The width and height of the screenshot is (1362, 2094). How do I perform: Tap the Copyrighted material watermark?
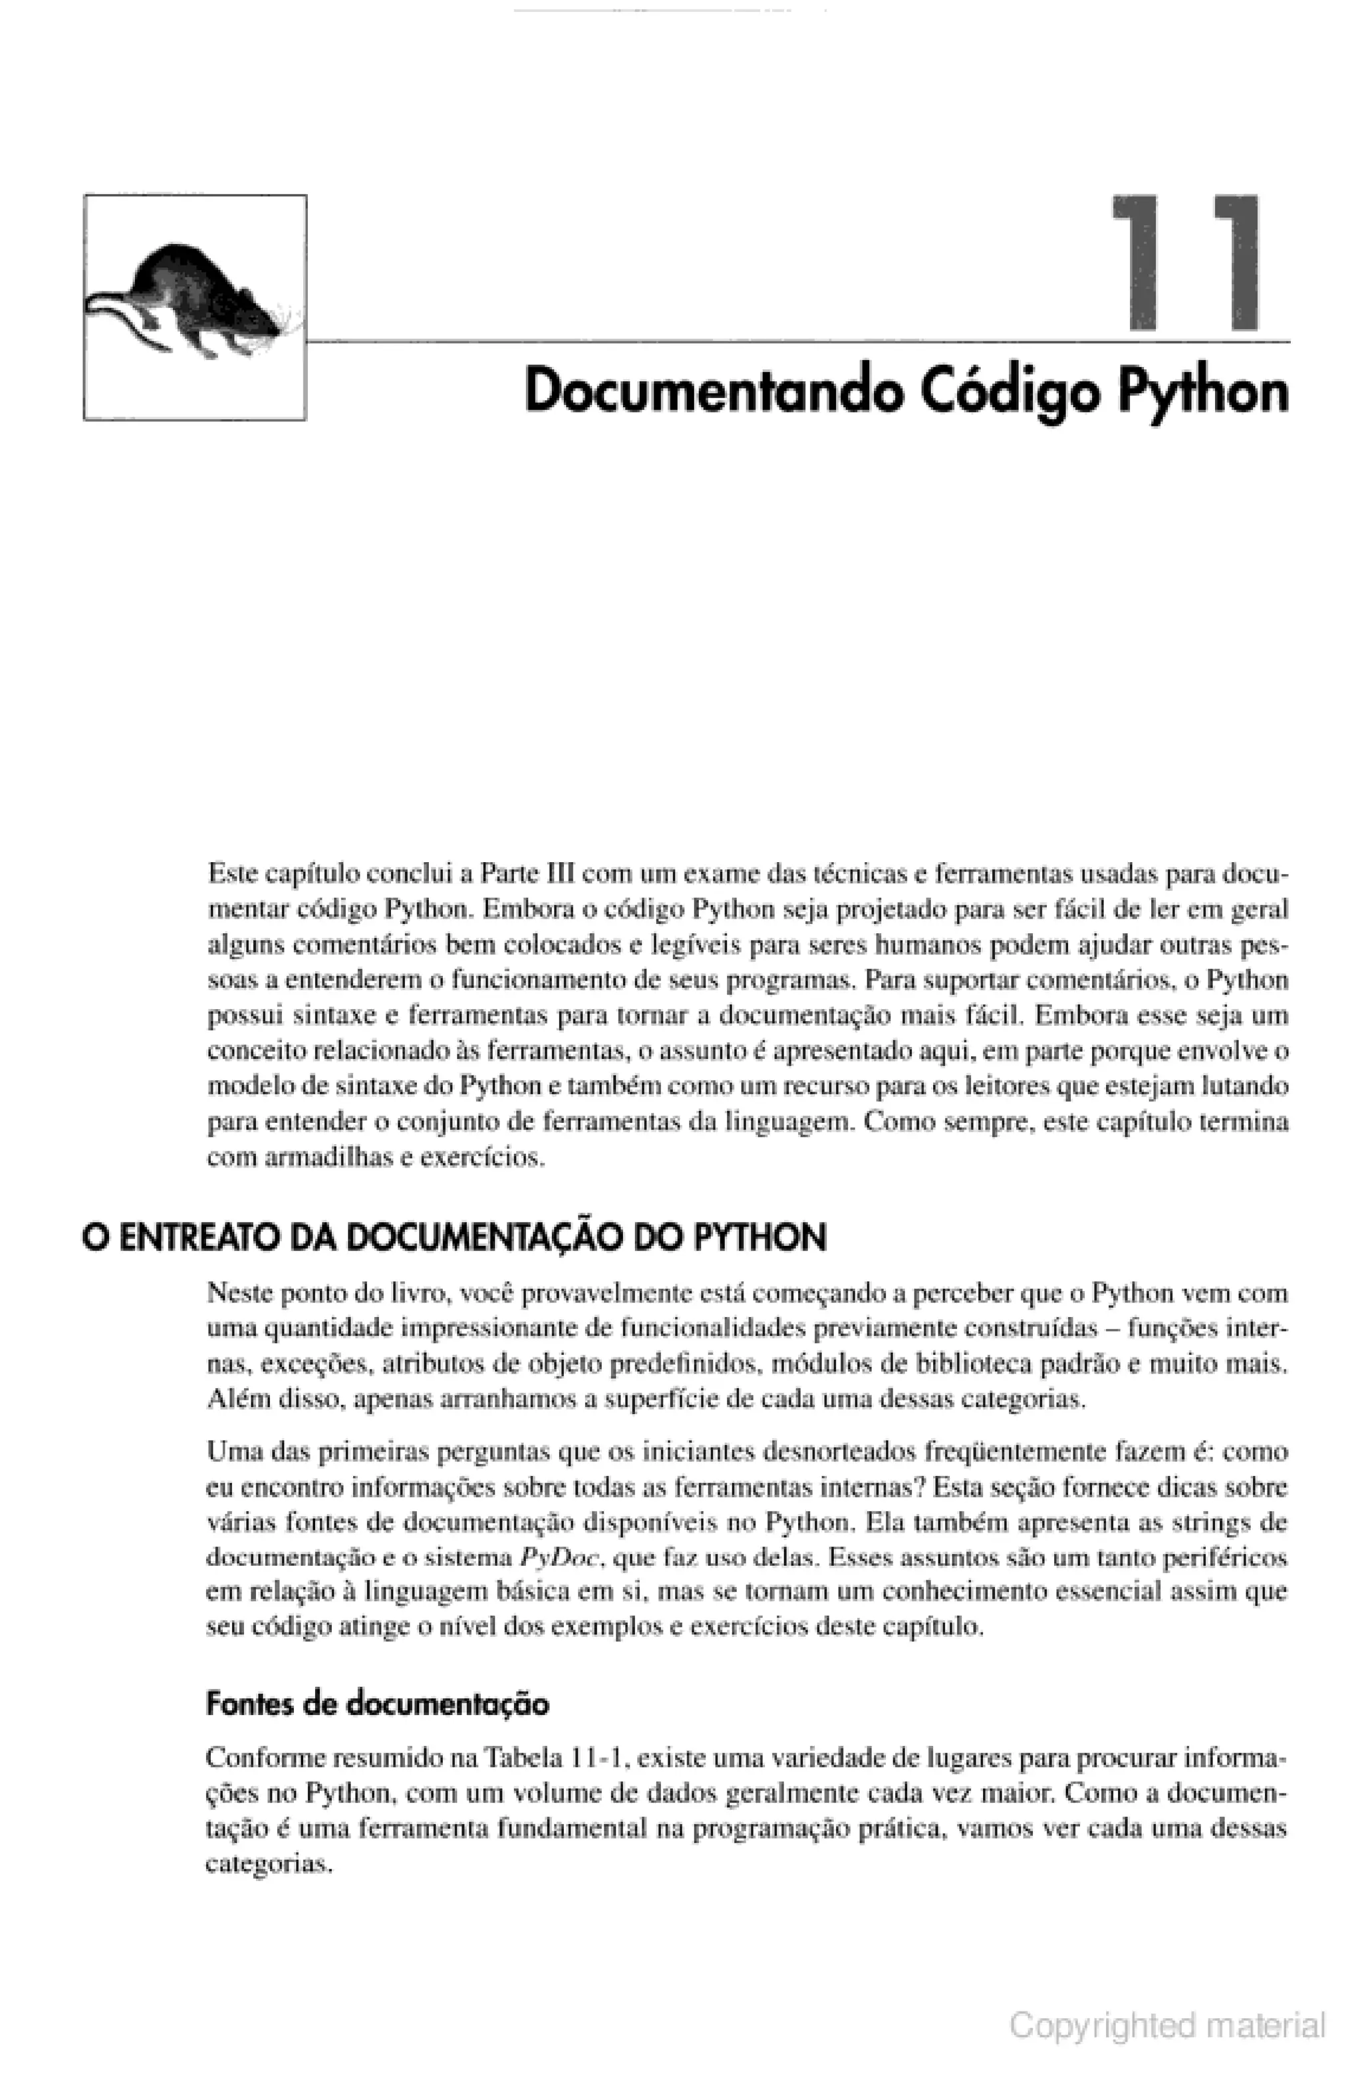click(x=1166, y=2025)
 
